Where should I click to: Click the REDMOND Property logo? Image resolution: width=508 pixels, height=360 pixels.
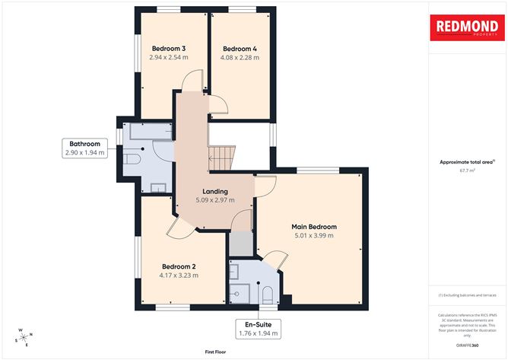click(467, 28)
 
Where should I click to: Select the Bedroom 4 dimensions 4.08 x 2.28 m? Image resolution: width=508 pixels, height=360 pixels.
click(239, 57)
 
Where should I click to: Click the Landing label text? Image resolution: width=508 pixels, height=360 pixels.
click(215, 191)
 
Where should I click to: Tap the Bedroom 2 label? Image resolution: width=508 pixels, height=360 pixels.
click(179, 266)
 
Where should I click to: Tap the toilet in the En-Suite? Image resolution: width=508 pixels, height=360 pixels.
click(266, 294)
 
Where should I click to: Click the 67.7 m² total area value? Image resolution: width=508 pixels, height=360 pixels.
click(466, 171)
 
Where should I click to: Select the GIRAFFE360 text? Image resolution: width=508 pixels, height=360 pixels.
click(467, 344)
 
